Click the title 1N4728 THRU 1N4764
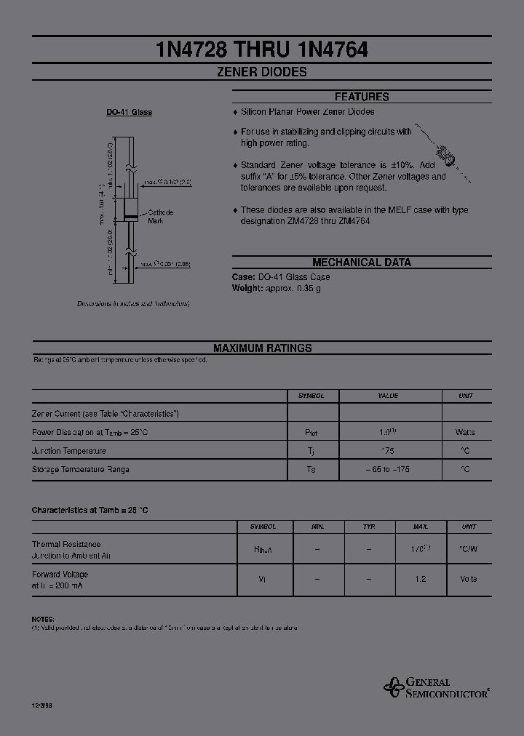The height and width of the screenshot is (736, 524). [x=262, y=49]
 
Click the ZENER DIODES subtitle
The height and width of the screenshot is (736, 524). [x=262, y=72]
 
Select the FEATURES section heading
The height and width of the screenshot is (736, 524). [x=362, y=97]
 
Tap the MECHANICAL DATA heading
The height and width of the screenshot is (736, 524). [x=362, y=263]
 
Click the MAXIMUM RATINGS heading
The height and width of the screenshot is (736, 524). [x=262, y=348]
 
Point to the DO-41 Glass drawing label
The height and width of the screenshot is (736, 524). [x=129, y=113]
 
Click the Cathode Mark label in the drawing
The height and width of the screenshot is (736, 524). [x=159, y=216]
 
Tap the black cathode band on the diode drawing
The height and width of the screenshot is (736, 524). [x=131, y=217]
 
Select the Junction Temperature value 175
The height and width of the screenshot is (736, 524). [x=388, y=451]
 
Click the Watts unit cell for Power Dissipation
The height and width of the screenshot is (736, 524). [x=465, y=432]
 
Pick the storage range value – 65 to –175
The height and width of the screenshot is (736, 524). [x=388, y=470]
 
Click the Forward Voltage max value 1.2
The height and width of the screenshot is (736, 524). [x=420, y=580]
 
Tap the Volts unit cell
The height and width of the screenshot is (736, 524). [x=468, y=580]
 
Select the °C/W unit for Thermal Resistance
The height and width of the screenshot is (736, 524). [x=468, y=550]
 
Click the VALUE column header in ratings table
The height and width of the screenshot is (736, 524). [x=388, y=396]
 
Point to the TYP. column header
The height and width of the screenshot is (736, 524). [x=369, y=526]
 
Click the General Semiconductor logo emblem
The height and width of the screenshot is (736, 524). [x=394, y=687]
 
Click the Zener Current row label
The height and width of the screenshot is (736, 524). [x=106, y=413]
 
